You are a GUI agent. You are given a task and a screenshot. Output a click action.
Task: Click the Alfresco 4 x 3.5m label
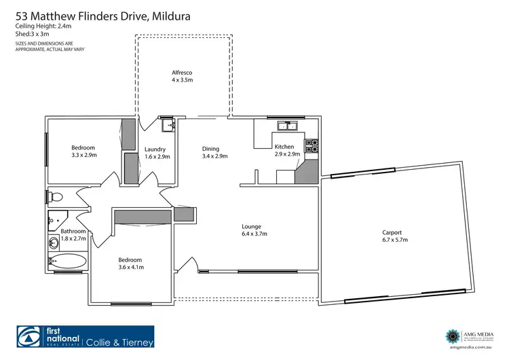click(x=181, y=75)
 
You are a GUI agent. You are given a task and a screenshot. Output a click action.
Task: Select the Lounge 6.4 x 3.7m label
click(x=254, y=230)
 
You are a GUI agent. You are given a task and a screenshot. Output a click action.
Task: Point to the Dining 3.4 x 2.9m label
click(x=214, y=152)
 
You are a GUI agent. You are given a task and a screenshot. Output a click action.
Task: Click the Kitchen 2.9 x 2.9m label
click(x=284, y=151)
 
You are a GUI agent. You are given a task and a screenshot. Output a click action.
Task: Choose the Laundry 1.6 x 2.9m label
click(x=157, y=153)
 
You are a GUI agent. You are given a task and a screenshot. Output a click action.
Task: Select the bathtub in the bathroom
click(x=67, y=262)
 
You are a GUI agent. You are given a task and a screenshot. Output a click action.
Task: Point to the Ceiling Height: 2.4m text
click(x=41, y=26)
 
